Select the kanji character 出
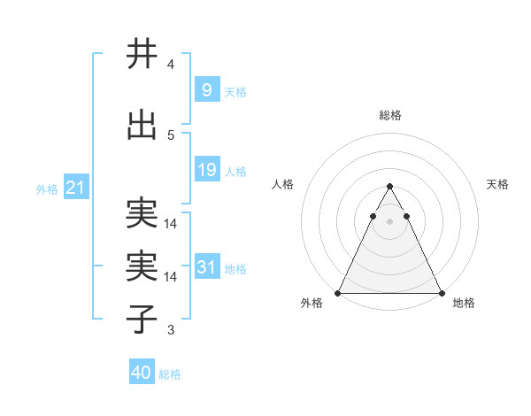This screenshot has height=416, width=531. [x=142, y=127]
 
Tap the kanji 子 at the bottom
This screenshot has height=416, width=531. [x=142, y=319]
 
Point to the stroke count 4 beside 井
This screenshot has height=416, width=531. [x=171, y=65]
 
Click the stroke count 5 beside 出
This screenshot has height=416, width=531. [x=171, y=135]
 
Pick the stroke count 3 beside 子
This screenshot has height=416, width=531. [x=171, y=330]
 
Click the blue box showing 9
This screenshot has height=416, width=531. [x=206, y=89]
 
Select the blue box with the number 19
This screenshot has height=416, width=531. [x=206, y=170]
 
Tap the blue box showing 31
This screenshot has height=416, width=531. [x=206, y=267]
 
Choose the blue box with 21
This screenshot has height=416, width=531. [x=75, y=188]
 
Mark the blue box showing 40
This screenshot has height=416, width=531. [x=142, y=373]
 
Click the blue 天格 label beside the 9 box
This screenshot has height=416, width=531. [x=235, y=91]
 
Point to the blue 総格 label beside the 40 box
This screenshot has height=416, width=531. [x=170, y=374]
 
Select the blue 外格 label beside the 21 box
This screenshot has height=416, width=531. [x=47, y=189]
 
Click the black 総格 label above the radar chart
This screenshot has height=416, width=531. [x=389, y=115]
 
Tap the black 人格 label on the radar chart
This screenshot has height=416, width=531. [x=283, y=184]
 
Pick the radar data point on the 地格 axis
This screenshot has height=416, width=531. [x=441, y=293]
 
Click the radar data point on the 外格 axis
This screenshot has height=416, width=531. [x=338, y=293]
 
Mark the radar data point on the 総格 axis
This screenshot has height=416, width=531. [x=389, y=187]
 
